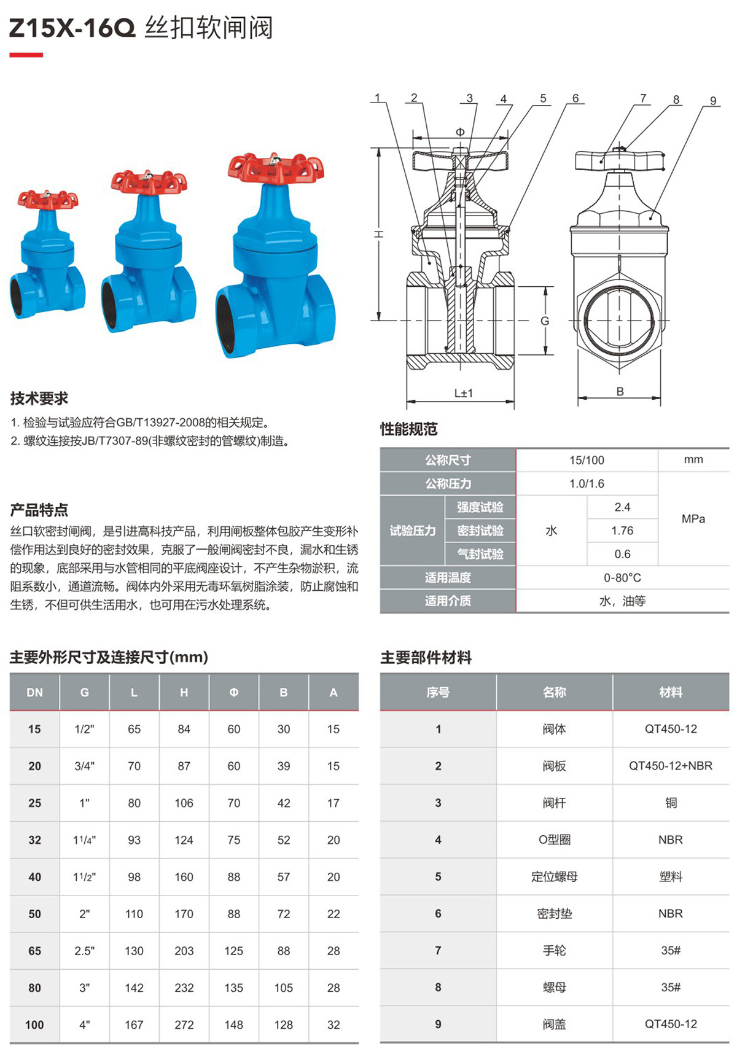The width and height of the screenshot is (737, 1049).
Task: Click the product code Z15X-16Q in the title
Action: click(72, 28)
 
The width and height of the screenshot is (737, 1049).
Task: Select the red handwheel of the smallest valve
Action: click(48, 199)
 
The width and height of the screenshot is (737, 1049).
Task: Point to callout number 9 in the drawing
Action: click(713, 101)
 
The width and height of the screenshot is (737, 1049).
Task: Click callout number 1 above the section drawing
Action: click(378, 98)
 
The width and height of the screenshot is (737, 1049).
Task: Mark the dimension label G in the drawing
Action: click(545, 321)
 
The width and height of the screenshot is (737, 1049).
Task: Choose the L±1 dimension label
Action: click(464, 393)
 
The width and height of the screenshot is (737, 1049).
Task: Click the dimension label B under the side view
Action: click(620, 391)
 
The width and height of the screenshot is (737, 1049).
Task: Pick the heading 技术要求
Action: click(39, 399)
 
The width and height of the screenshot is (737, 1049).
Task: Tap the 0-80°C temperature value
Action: click(622, 578)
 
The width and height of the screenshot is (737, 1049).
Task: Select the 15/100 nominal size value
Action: click(587, 460)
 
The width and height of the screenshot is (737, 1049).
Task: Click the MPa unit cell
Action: click(693, 519)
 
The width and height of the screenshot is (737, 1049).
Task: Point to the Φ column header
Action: click(234, 692)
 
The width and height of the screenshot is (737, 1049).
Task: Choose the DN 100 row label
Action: click(34, 1024)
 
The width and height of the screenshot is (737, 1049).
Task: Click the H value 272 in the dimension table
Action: click(184, 1024)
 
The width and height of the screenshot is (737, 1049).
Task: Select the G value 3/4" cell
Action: click(84, 766)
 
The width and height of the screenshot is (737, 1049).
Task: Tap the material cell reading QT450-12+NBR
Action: click(671, 766)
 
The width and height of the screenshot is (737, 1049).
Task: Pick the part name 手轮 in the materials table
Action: click(554, 950)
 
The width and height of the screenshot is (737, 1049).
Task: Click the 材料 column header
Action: click(671, 692)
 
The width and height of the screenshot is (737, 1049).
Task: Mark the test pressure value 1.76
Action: click(622, 531)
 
